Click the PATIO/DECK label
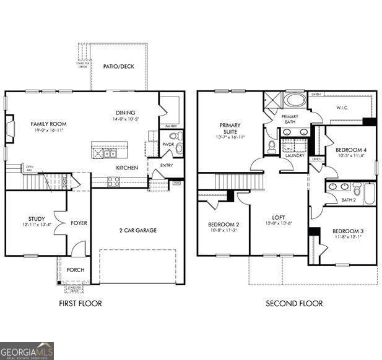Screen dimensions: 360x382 [118, 67]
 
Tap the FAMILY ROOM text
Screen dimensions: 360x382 [48, 124]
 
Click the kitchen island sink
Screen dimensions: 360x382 [109, 153]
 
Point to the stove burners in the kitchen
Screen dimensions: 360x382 [113, 181]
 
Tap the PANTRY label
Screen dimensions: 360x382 [171, 126]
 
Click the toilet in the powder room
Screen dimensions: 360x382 [174, 135]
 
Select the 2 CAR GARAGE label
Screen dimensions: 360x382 [137, 230]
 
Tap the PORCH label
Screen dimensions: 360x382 [76, 270]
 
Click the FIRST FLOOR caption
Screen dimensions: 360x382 [80, 303]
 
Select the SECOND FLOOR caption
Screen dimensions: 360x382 [294, 303]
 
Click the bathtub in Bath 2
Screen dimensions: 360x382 [368, 194]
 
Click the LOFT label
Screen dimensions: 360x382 [278, 218]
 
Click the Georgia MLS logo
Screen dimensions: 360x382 [27, 351]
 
